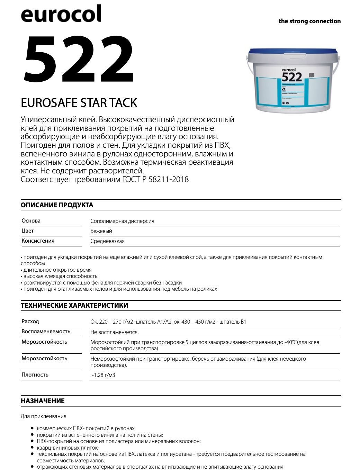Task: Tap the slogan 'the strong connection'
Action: point(309,21)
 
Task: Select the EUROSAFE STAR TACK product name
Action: point(79,103)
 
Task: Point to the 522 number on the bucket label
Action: point(292,76)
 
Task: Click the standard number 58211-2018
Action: point(168,179)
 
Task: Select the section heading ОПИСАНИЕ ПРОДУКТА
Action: point(57,205)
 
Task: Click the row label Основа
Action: point(31,221)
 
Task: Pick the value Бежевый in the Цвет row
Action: point(101,231)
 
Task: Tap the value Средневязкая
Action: point(107,241)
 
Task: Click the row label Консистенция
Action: point(38,241)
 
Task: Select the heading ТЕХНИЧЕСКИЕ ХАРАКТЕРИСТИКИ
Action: point(74,305)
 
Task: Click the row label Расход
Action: point(30,322)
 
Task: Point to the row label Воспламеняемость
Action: point(46,332)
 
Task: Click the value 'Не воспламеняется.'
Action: point(114,332)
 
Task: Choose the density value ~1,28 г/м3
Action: point(102,375)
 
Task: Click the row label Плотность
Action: point(35,375)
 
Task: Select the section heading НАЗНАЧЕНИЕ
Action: point(43,401)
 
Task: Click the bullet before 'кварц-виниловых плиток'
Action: point(32,448)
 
